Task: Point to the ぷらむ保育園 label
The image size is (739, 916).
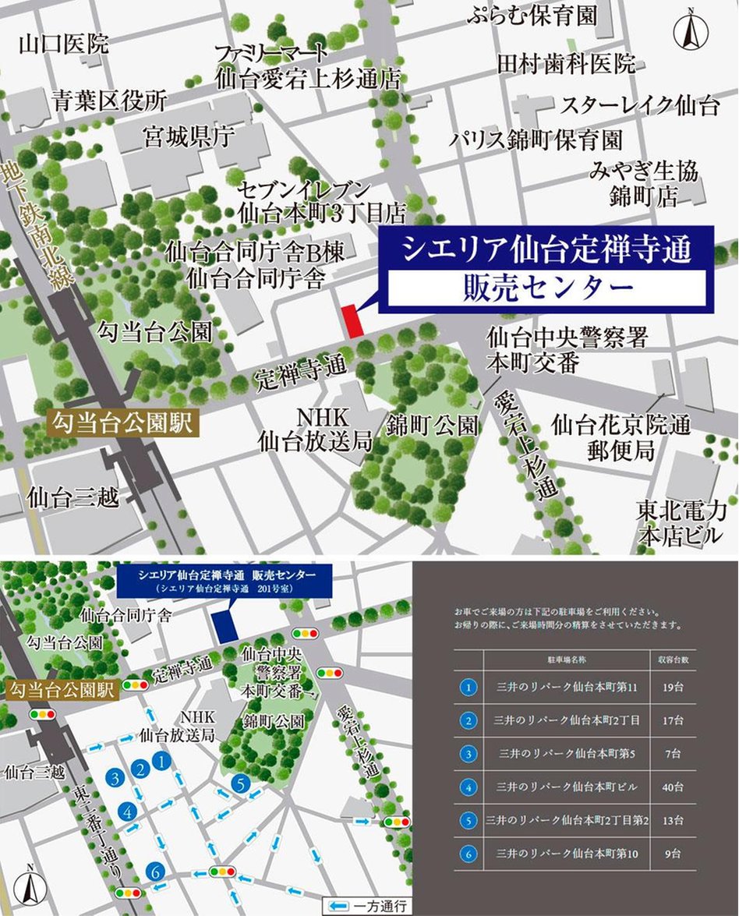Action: tap(532, 16)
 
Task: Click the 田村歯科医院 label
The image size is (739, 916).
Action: tap(566, 64)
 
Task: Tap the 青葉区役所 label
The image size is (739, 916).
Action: tap(109, 101)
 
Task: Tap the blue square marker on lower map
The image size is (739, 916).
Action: tap(227, 626)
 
